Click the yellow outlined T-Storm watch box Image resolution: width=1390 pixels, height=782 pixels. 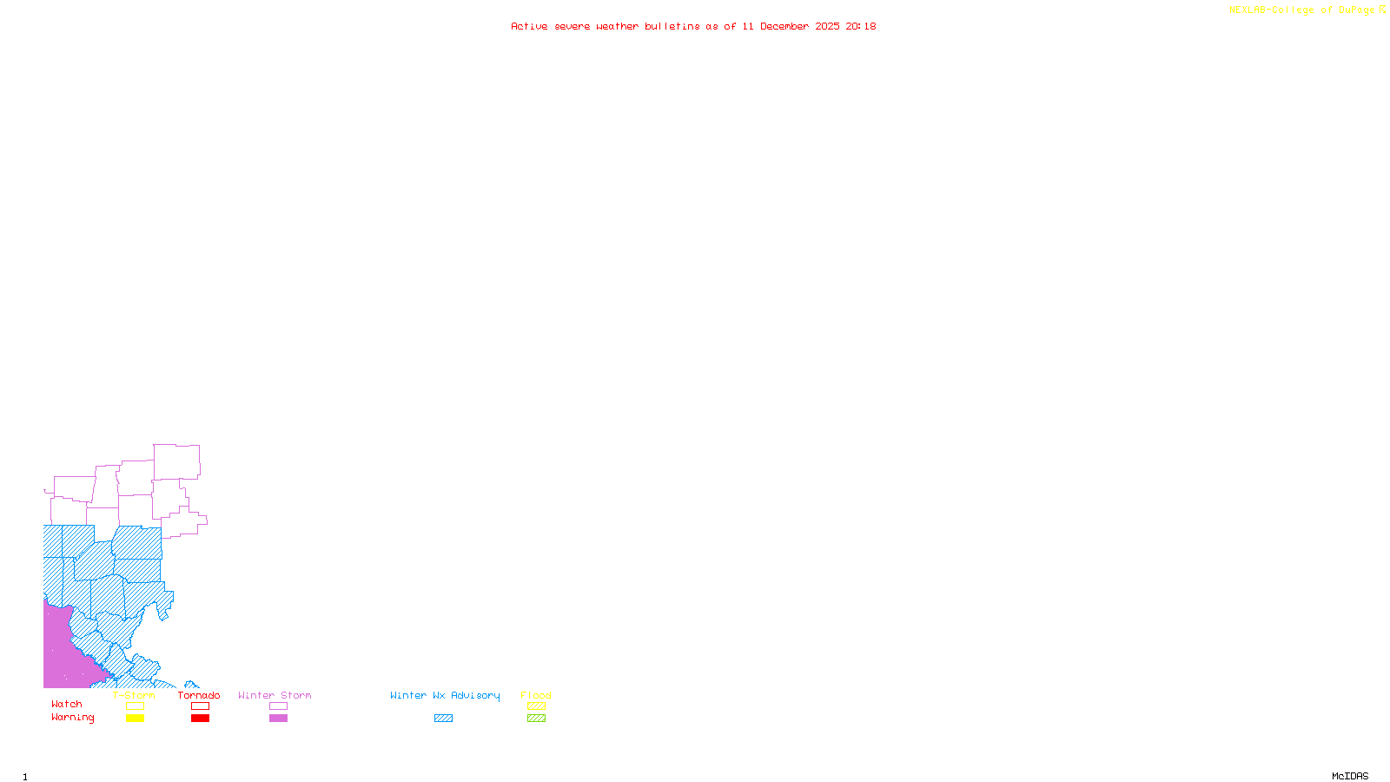135,706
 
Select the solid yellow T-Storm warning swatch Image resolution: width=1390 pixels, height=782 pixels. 135,719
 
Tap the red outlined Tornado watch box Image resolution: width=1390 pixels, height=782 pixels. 200,706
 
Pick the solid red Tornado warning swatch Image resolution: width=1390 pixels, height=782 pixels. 200,719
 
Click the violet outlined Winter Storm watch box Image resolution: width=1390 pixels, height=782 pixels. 278,706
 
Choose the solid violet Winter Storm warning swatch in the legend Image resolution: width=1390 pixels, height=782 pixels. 278,719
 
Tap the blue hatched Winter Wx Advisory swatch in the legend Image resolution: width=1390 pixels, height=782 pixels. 443,719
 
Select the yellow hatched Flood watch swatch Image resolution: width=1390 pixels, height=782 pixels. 536,706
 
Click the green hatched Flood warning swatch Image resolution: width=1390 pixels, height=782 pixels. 536,719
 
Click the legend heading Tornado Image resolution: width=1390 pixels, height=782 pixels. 199,695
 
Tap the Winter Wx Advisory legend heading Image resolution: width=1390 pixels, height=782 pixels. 445,695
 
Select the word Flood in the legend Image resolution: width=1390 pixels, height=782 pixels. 536,695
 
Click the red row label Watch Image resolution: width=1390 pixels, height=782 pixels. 67,705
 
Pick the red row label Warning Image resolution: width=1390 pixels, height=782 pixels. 72,718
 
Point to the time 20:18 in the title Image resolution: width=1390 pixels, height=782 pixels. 861,26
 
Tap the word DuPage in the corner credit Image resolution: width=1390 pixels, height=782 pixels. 1356,10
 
